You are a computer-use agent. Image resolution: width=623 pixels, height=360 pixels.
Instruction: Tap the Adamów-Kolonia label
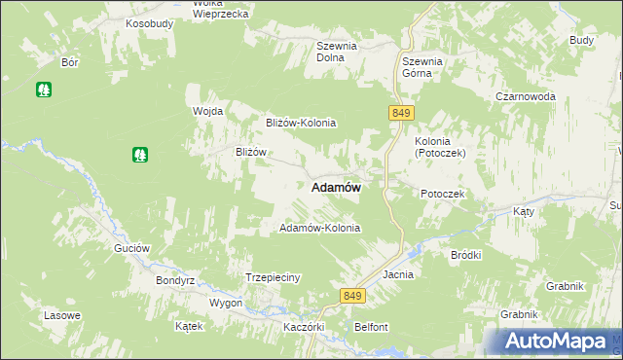pyautogui.click(x=320, y=228)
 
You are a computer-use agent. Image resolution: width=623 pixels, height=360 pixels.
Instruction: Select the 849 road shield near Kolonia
pyautogui.click(x=400, y=114)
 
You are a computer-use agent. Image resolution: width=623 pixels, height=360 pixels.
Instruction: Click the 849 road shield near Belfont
pyautogui.click(x=352, y=295)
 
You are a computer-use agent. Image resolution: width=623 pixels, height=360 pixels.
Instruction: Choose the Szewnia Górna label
pyautogui.click(x=422, y=67)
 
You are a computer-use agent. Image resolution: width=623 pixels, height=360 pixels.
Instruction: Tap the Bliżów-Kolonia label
pyautogui.click(x=301, y=123)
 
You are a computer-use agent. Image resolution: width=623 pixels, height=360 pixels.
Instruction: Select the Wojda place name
pyautogui.click(x=208, y=111)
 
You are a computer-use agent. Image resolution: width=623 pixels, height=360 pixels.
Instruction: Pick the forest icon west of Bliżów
pyautogui.click(x=140, y=154)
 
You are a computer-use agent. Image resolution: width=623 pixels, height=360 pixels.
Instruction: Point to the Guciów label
pyautogui.click(x=131, y=248)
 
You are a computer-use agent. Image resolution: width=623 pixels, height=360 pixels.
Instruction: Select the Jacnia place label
pyautogui.click(x=399, y=274)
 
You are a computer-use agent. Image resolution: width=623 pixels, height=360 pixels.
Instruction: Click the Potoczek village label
pyautogui.click(x=443, y=194)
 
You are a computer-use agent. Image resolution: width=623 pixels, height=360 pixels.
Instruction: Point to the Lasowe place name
pyautogui.click(x=62, y=316)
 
